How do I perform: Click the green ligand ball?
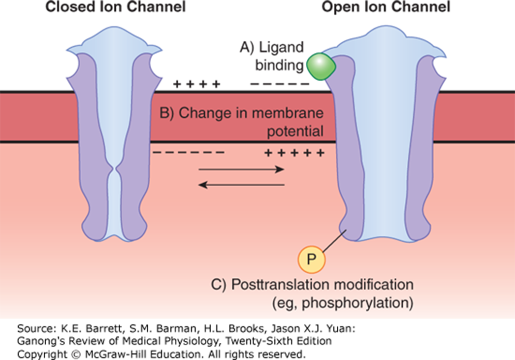[x=321, y=66]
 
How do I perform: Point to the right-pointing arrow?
[x=241, y=169]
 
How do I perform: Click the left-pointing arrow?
[x=241, y=185]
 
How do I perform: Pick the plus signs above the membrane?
[x=196, y=84]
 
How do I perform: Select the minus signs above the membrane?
[x=280, y=84]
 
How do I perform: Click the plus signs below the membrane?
[x=294, y=153]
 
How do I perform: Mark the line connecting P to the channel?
[x=335, y=243]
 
